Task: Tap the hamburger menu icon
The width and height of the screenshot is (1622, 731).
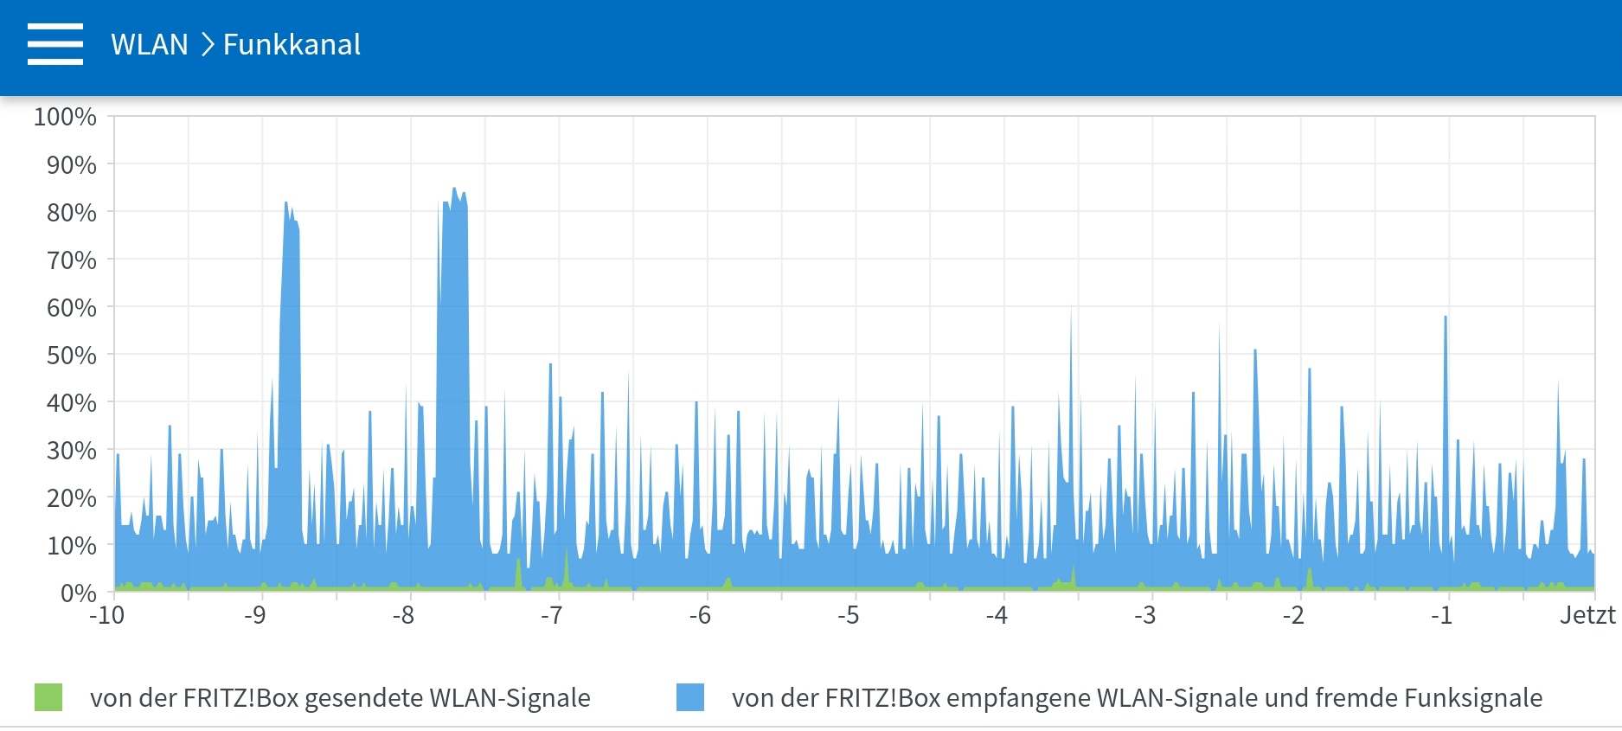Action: point(55,44)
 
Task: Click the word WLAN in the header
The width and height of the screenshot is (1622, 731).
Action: point(150,45)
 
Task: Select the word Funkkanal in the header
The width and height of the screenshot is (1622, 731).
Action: point(292,45)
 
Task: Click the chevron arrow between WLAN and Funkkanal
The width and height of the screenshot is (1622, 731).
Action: point(207,45)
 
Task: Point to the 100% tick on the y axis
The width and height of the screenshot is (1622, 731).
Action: point(65,117)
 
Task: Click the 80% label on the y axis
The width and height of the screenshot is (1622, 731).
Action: point(72,213)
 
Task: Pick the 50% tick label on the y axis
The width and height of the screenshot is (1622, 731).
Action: point(72,356)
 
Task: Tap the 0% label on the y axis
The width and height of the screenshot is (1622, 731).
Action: point(78,593)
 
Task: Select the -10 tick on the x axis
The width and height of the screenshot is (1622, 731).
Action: point(107,616)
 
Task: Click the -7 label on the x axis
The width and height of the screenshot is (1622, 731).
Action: point(552,616)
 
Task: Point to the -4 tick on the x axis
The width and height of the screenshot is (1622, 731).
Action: point(997,616)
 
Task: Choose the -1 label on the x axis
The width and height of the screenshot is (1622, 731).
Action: point(1441,616)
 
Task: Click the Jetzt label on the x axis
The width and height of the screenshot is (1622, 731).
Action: point(1587,616)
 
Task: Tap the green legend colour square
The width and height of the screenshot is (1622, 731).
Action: point(48,697)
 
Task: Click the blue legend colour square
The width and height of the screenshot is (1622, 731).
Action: point(690,697)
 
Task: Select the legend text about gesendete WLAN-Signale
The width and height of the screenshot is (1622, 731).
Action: point(340,698)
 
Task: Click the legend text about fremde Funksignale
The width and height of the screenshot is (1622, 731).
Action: point(1137,698)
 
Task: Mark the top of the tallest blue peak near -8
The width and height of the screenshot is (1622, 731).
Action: point(454,188)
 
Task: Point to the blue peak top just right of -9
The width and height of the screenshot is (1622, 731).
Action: point(286,202)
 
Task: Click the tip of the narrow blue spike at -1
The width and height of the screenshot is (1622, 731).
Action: point(1446,317)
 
